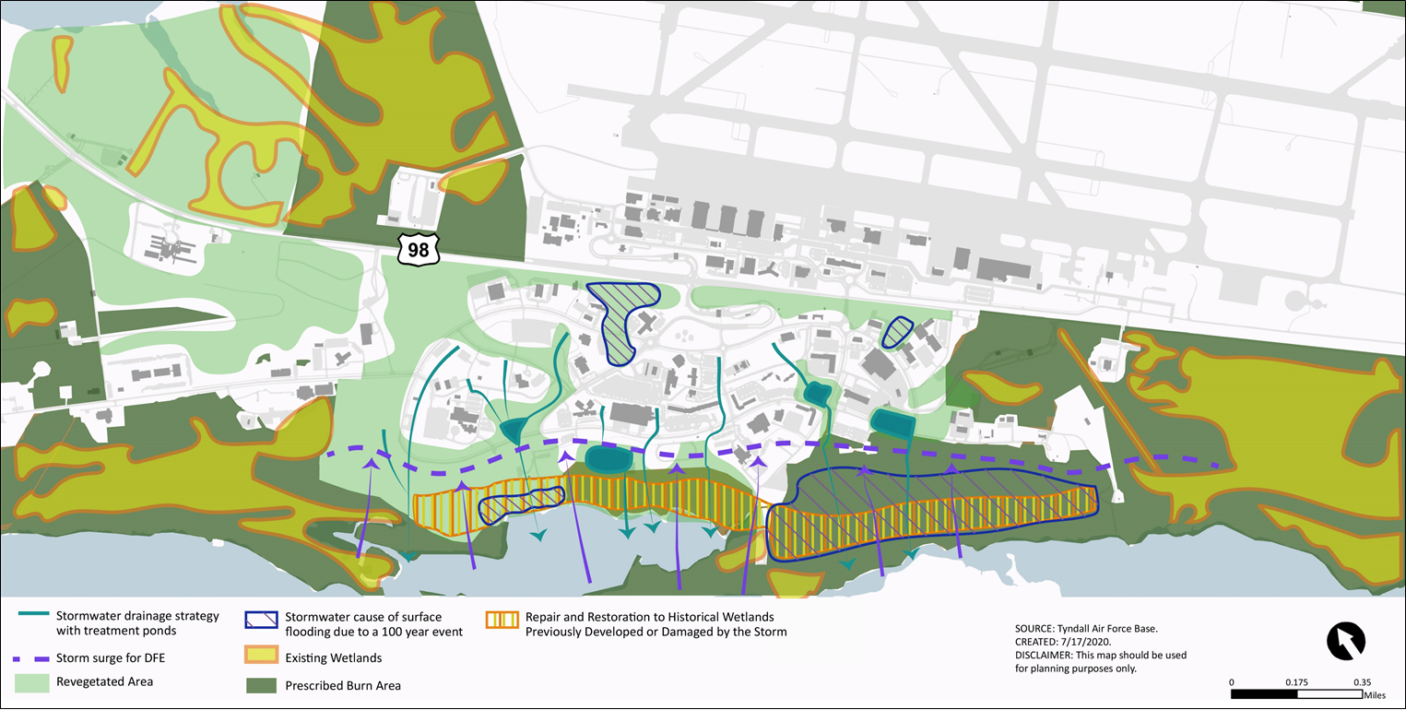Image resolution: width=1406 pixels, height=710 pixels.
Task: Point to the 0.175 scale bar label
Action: pos(1297,681)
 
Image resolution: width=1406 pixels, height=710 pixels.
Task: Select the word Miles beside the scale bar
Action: pos(1374,695)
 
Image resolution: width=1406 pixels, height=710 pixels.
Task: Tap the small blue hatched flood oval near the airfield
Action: pos(895,333)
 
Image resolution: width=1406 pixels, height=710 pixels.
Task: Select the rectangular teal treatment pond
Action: pos(892,424)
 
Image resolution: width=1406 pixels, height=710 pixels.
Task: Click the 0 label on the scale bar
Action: pos(1233,681)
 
